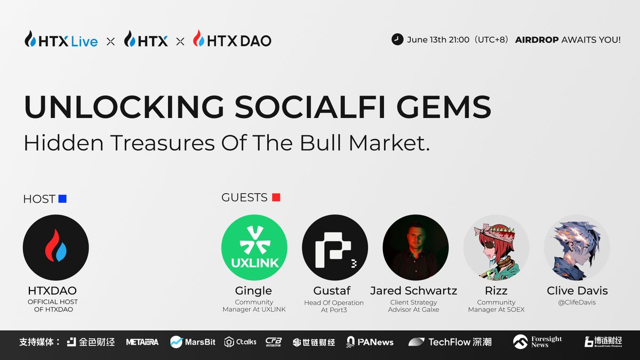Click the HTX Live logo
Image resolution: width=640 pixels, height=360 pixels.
61,39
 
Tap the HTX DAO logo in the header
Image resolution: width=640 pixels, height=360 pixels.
232,39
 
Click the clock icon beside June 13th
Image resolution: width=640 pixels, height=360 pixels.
397,39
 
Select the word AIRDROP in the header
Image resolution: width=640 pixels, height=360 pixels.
537,40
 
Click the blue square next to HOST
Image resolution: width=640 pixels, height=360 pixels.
62,199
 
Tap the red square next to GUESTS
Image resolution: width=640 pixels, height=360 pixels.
276,197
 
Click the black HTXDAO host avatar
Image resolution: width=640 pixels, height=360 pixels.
55,247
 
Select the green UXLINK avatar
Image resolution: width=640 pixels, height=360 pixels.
254,247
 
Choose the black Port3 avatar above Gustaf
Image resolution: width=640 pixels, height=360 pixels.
334,247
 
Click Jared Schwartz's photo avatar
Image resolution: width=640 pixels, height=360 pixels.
415,247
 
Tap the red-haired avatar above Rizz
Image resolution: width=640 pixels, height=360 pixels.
496,247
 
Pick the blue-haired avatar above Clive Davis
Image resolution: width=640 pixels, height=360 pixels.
577,247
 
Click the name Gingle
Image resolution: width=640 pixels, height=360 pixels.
253,291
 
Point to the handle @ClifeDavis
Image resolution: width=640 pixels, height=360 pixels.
577,302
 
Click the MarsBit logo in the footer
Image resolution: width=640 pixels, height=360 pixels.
193,342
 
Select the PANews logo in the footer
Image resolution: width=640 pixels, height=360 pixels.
370,342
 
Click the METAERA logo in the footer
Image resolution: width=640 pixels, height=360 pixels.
142,342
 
